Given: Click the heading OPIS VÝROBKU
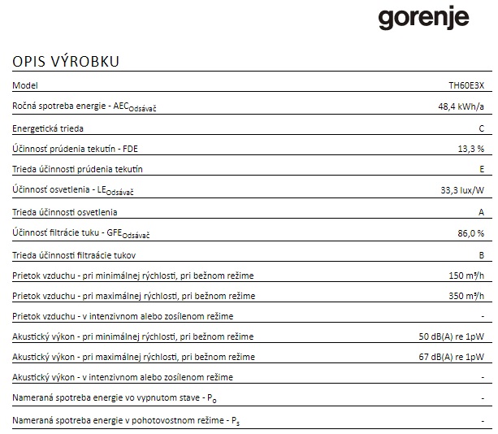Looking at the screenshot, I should (66, 63).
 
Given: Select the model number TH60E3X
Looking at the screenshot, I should (466, 85).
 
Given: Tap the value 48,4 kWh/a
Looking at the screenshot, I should (461, 106).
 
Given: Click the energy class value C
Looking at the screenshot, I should (481, 128).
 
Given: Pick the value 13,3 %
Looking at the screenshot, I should (470, 149).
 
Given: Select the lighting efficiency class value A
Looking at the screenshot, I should (481, 211).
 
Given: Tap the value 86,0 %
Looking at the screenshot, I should (470, 232).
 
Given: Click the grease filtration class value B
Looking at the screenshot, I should (481, 254).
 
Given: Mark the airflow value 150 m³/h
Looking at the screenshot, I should (466, 275).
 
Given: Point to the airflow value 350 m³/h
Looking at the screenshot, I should (466, 295).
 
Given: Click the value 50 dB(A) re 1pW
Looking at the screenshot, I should (451, 336).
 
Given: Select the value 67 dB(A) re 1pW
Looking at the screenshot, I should (451, 357).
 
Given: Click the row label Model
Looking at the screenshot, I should (25, 85).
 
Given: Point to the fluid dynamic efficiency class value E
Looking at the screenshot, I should (481, 170).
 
